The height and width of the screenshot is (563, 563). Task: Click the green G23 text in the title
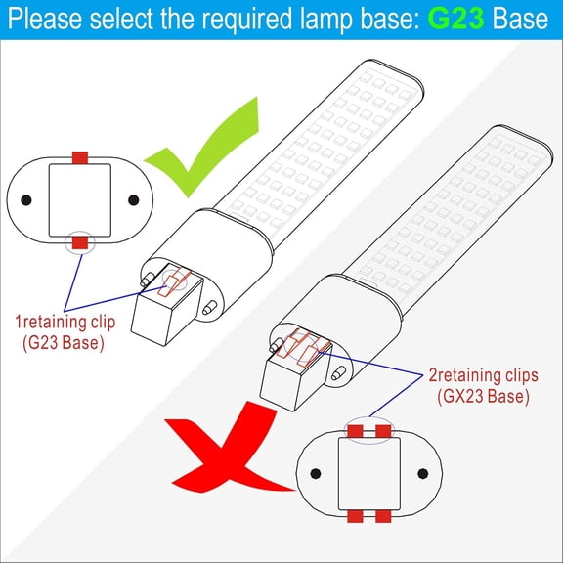pos(455,20)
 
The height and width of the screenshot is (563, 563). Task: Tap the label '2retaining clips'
pos(483,375)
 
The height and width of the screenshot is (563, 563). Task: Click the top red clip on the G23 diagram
pos(80,157)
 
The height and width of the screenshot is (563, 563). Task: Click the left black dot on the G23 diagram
pos(27,199)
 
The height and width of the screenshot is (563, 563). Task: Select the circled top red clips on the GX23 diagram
pos(368,432)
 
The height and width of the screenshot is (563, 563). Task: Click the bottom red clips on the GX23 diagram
pos(368,515)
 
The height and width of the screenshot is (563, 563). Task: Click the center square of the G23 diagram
pos(80,199)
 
